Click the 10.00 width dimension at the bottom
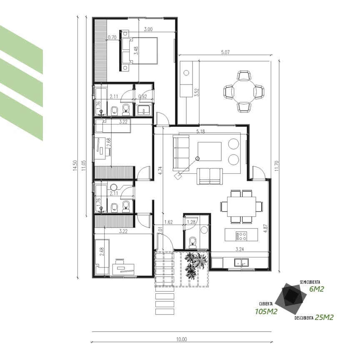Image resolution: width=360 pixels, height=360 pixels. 181,339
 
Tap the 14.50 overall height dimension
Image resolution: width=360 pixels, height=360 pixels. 75,165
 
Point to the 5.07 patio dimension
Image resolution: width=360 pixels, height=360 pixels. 225,52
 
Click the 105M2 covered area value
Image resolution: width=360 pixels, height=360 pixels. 266,312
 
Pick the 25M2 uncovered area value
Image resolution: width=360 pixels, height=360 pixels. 324,317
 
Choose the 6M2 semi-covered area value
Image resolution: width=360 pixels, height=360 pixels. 316,289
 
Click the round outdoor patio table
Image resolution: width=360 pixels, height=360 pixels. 244,91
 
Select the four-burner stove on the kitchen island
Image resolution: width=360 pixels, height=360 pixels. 241,236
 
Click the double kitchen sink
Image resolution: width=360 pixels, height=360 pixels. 241,262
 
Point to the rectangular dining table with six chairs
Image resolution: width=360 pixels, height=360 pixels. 242,206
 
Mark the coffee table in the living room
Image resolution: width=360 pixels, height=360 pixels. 210,152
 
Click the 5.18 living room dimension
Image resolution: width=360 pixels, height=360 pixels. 200,132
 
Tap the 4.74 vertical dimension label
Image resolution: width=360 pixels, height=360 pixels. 160,170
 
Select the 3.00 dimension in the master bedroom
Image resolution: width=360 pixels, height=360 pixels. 148,30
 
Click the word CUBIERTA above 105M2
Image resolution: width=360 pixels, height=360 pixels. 266,304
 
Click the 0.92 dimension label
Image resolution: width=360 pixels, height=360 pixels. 142,97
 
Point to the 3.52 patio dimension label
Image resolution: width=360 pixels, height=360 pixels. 197,92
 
